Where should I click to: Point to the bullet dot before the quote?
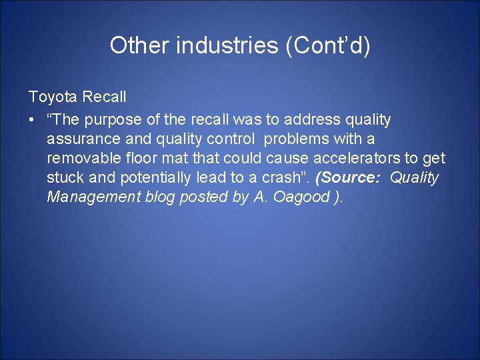click(x=32, y=120)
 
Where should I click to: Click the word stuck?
click(x=63, y=178)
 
